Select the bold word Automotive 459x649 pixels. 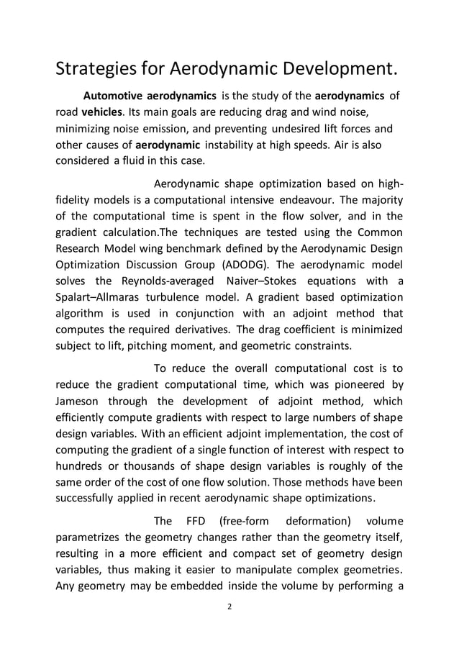click(113, 96)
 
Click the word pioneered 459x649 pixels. click(353, 385)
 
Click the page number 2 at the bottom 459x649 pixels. click(229, 607)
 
